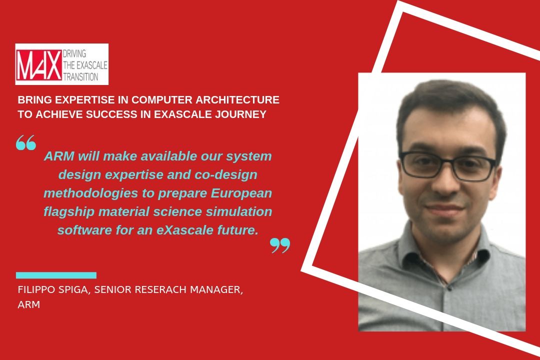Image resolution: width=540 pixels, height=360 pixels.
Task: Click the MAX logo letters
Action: (x=39, y=65)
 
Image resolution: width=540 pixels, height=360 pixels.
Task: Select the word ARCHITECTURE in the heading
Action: (x=237, y=100)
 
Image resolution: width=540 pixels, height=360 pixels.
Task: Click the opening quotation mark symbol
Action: (x=26, y=142)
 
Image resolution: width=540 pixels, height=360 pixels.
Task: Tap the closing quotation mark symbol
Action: (x=280, y=245)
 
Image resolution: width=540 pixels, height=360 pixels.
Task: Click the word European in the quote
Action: (x=241, y=193)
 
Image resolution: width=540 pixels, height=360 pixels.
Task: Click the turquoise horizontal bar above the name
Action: (x=56, y=275)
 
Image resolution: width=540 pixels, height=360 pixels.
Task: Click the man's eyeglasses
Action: (x=447, y=166)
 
